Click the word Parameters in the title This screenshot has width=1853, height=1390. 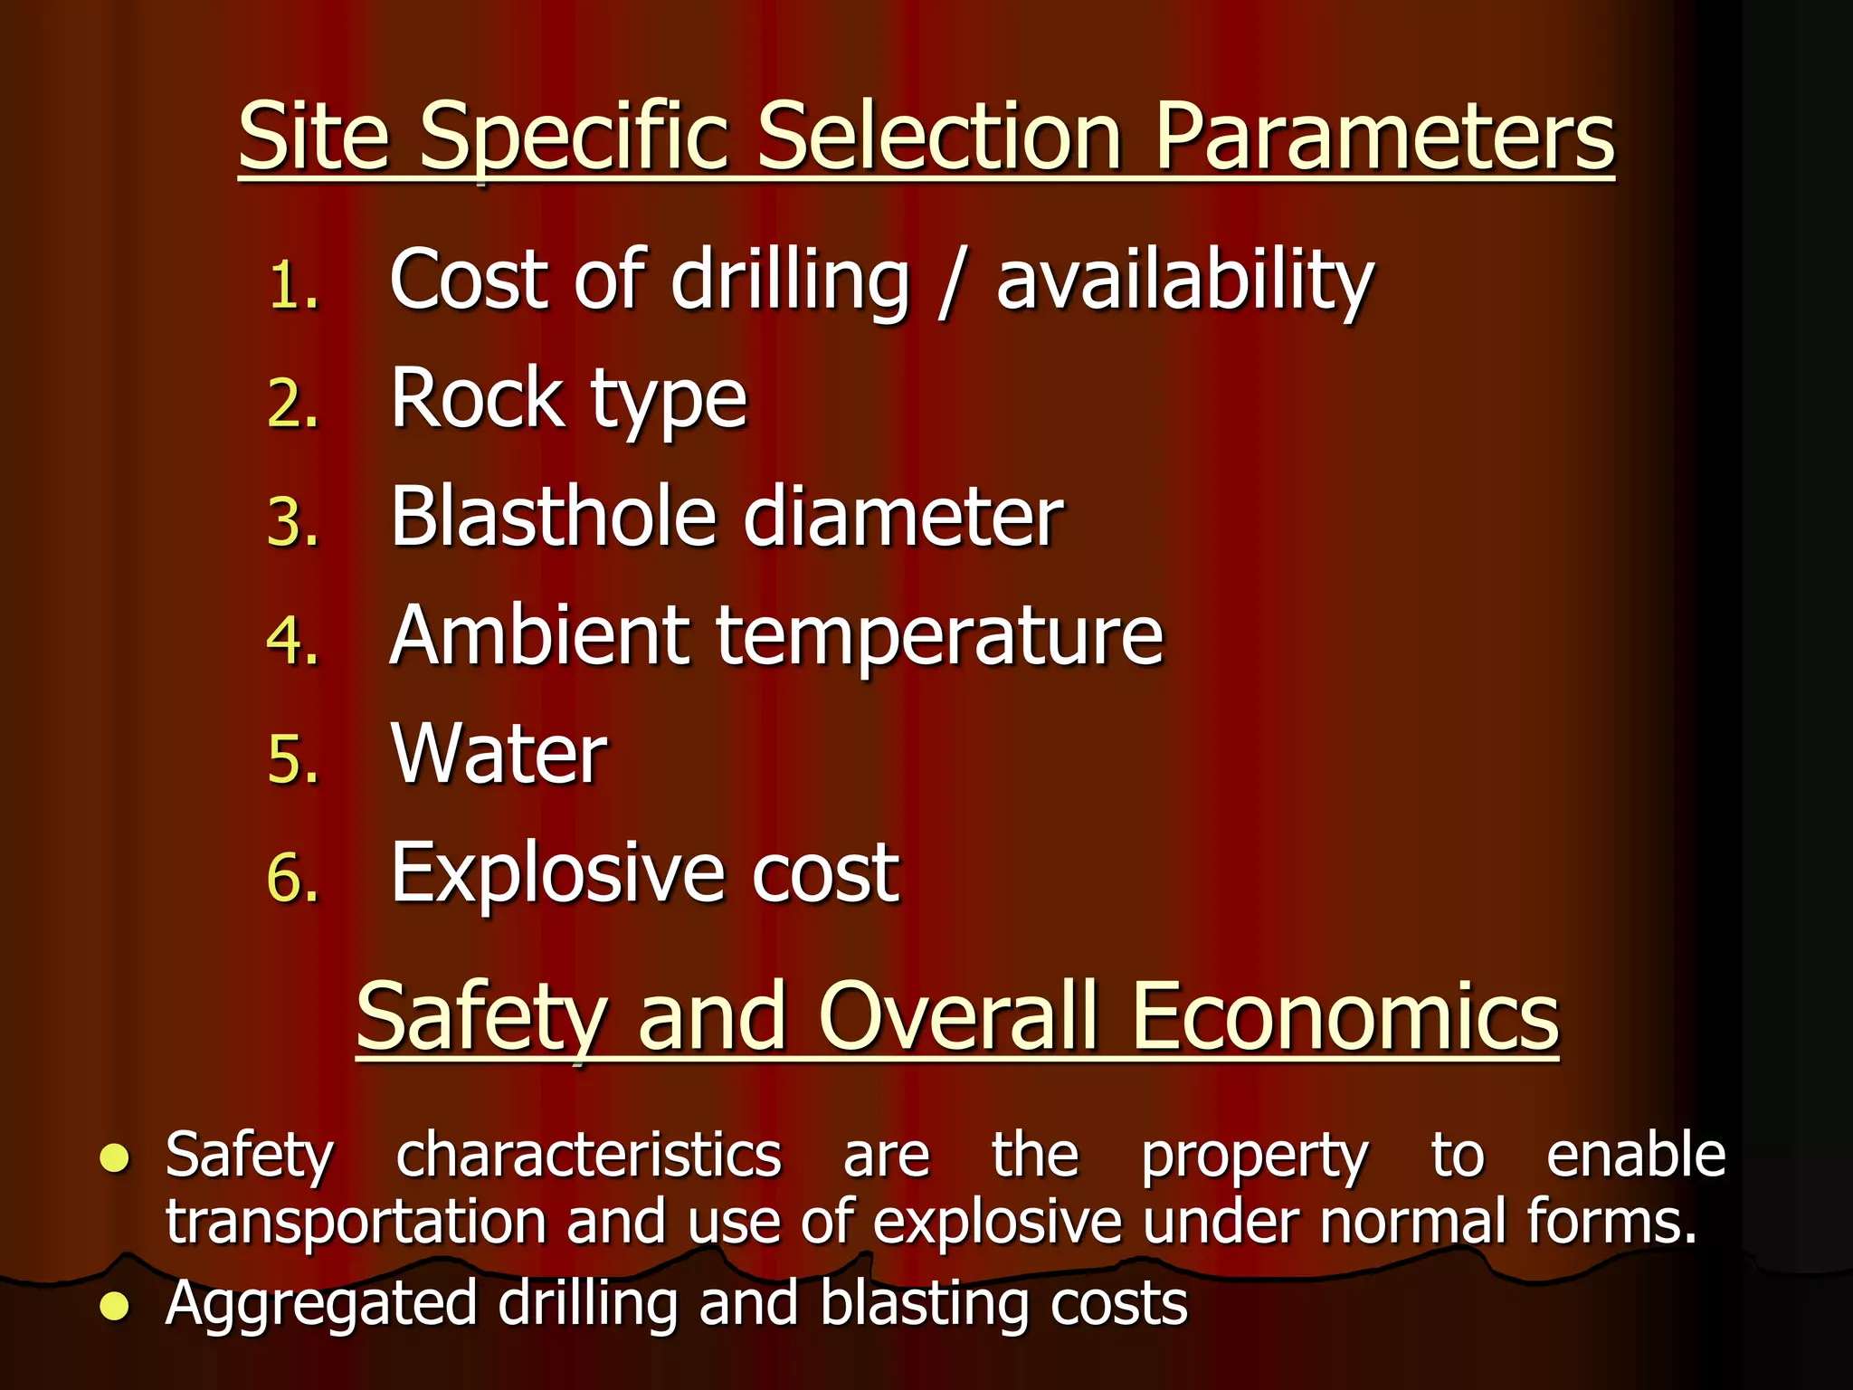[1384, 138]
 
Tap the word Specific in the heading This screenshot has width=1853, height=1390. [574, 138]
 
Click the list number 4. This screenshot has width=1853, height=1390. [293, 642]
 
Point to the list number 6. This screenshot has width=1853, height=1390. [293, 879]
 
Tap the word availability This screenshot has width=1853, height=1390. [1184, 282]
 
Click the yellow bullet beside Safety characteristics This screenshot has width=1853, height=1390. [115, 1157]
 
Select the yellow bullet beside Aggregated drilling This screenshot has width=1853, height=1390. [115, 1306]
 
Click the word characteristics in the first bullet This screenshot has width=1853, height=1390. [589, 1156]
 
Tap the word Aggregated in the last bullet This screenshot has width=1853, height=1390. [320, 1305]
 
